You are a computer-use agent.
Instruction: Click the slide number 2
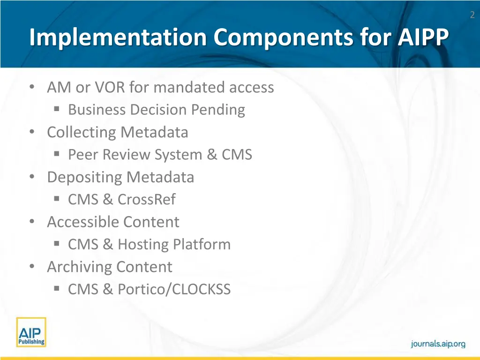point(472,15)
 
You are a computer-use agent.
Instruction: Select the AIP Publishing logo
point(31,332)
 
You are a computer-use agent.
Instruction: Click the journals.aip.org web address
point(438,344)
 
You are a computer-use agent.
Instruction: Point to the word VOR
point(107,87)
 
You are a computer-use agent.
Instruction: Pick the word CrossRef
point(146,200)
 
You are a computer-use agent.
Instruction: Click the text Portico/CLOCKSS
point(174,290)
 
